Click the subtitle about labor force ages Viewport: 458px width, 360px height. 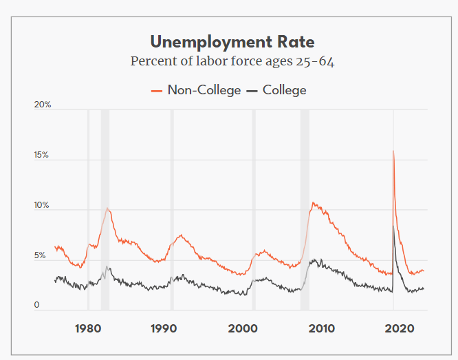[232, 61]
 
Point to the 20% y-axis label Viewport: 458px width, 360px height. [43, 105]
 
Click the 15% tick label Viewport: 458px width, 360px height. [43, 156]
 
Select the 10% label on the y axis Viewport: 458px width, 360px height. [43, 206]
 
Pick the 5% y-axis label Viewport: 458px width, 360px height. [41, 255]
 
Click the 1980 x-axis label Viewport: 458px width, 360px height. [88, 328]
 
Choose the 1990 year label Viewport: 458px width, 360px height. [165, 328]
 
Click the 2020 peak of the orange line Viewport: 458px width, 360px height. [393, 151]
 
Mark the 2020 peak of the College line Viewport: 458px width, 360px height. [393, 226]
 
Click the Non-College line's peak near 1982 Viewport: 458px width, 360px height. [107, 208]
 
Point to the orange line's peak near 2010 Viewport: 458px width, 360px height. [313, 203]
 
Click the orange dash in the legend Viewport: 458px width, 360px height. [156, 91]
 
